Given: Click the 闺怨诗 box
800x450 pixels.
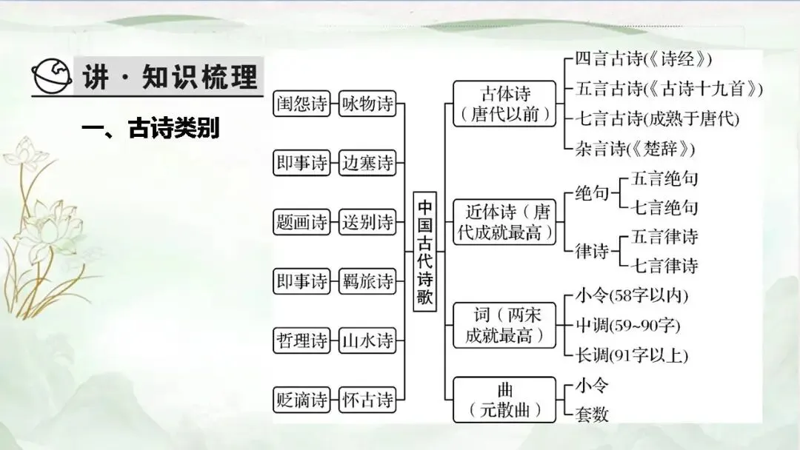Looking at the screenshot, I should (x=301, y=104).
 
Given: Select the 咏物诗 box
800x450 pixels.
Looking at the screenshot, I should (x=367, y=104).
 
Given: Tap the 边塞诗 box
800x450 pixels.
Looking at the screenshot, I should (x=367, y=164).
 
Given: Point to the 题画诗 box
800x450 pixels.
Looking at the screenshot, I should (x=301, y=222).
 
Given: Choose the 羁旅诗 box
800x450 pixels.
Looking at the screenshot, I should (x=367, y=281).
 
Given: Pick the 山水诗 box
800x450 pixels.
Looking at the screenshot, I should (x=367, y=340).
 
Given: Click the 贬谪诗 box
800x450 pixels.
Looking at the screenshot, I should (x=301, y=400).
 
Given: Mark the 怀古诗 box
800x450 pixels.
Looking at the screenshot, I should (x=367, y=400).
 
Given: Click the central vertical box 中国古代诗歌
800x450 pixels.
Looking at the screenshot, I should (x=425, y=252).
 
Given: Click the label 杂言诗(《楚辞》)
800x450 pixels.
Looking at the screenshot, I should (x=636, y=148).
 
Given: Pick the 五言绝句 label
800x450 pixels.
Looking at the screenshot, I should (x=664, y=178).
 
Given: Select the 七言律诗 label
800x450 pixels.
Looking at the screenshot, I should (x=664, y=266).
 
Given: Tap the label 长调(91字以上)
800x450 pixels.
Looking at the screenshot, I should (x=632, y=355).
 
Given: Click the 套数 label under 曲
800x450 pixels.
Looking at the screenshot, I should (x=592, y=414).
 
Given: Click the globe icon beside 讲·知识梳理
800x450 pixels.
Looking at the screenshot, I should (x=52, y=75).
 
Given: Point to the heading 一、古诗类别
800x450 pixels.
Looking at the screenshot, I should (x=151, y=129).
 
